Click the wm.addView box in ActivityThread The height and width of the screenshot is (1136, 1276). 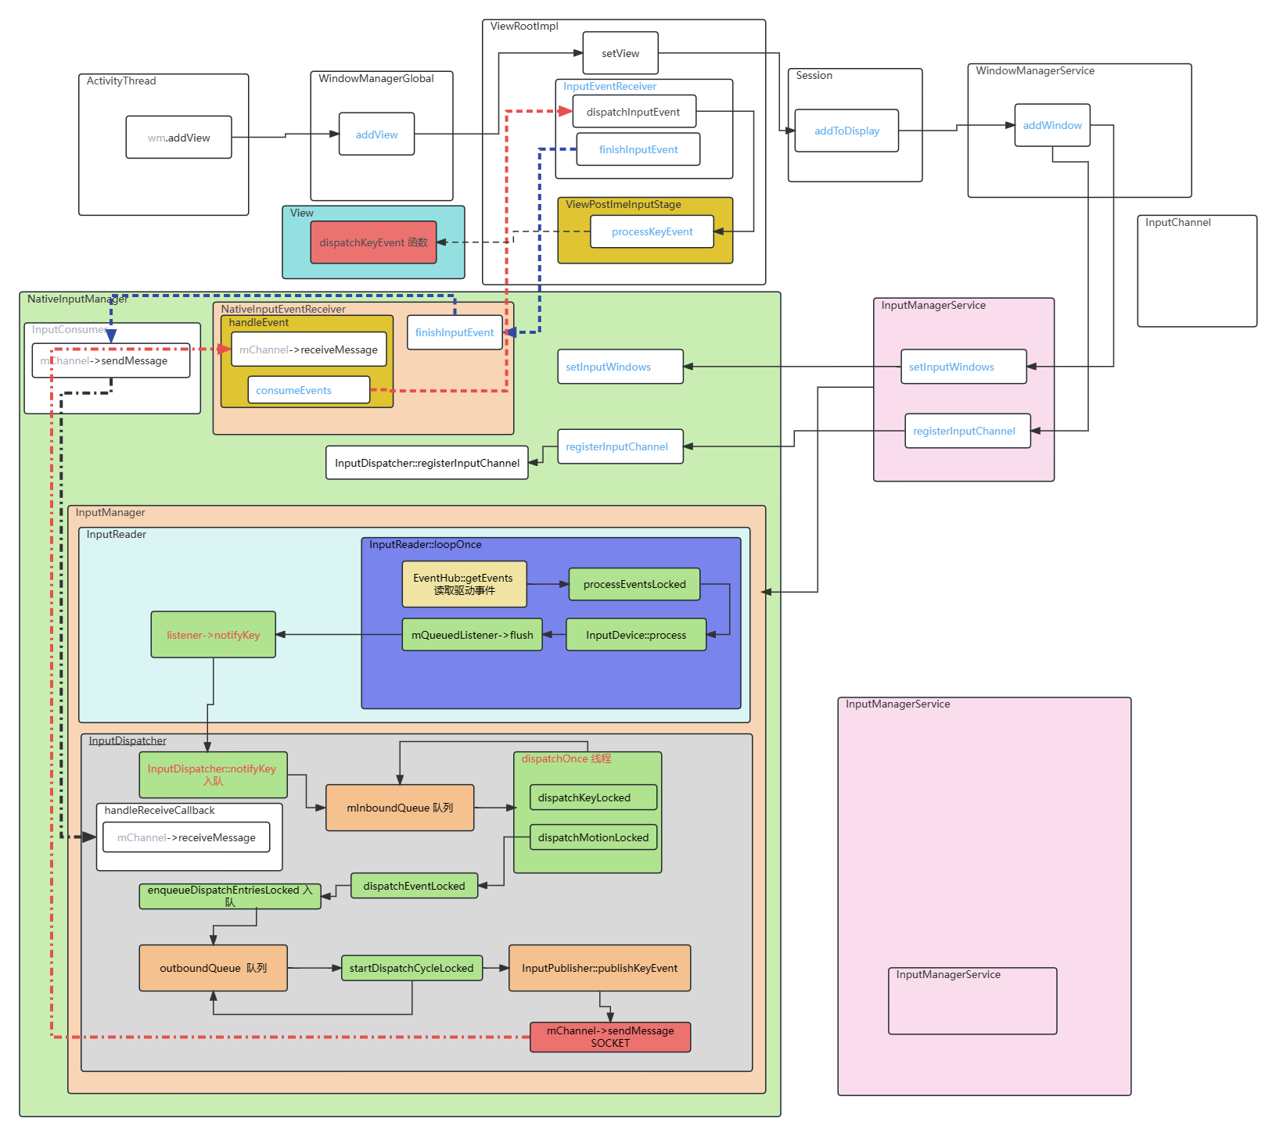pyautogui.click(x=178, y=138)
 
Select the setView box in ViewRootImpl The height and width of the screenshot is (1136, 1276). pyautogui.click(x=620, y=53)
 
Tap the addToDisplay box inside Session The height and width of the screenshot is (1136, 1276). pyautogui.click(x=846, y=131)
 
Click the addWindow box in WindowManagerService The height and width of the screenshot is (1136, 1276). pyautogui.click(x=1052, y=125)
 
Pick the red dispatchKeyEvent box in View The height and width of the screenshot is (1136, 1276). pyautogui.click(x=373, y=242)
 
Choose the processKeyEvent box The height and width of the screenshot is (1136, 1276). pyautogui.click(x=652, y=231)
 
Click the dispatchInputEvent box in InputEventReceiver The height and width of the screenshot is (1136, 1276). pyautogui.click(x=633, y=112)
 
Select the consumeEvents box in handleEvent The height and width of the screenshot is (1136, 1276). pyautogui.click(x=308, y=390)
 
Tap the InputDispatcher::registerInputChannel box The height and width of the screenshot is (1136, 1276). pyautogui.click(x=426, y=463)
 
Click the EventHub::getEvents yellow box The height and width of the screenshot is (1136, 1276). pyautogui.click(x=464, y=584)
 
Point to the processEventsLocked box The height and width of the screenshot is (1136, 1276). pyautogui.click(x=634, y=584)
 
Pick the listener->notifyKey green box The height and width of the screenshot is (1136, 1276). pyautogui.click(x=213, y=635)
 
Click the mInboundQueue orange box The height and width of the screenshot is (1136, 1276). pyautogui.click(x=400, y=808)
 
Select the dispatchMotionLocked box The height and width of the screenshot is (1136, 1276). pyautogui.click(x=593, y=837)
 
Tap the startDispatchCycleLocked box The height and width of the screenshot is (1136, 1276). pyautogui.click(x=412, y=968)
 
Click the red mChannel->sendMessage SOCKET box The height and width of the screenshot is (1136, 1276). pyautogui.click(x=610, y=1037)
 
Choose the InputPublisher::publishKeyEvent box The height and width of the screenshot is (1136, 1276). pyautogui.click(x=599, y=968)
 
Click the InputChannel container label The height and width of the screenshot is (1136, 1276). pyautogui.click(x=1177, y=223)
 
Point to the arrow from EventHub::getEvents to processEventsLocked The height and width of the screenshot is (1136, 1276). pyautogui.click(x=548, y=584)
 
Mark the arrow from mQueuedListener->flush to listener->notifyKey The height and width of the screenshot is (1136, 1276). pyautogui.click(x=339, y=635)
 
